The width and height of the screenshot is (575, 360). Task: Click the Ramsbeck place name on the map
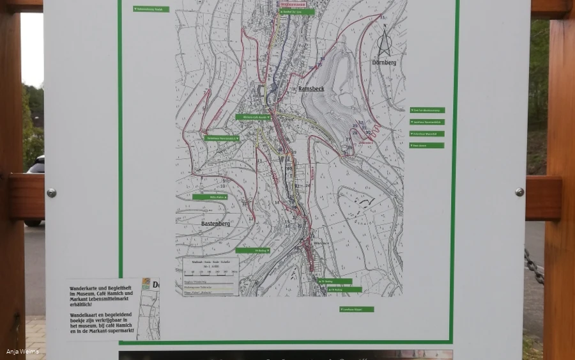click(x=312, y=89)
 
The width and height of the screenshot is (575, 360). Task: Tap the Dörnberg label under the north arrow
click(x=384, y=63)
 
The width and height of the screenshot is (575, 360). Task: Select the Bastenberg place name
click(x=215, y=224)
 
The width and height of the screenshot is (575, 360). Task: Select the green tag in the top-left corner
click(x=151, y=9)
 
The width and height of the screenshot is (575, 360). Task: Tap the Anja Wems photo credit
click(x=22, y=352)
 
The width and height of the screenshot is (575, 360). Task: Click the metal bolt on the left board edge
click(x=51, y=192)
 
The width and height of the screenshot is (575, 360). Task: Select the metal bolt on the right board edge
click(x=519, y=192)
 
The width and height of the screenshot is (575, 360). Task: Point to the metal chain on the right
click(x=534, y=265)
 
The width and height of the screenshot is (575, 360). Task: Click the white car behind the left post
click(x=36, y=166)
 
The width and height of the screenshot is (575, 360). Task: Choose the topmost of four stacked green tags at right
click(x=427, y=111)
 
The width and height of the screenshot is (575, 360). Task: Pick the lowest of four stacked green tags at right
click(x=427, y=145)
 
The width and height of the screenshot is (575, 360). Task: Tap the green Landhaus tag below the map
click(x=356, y=309)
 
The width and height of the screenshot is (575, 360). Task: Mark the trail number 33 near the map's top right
click(x=382, y=17)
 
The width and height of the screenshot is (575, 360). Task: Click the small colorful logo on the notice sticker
click(x=146, y=285)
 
